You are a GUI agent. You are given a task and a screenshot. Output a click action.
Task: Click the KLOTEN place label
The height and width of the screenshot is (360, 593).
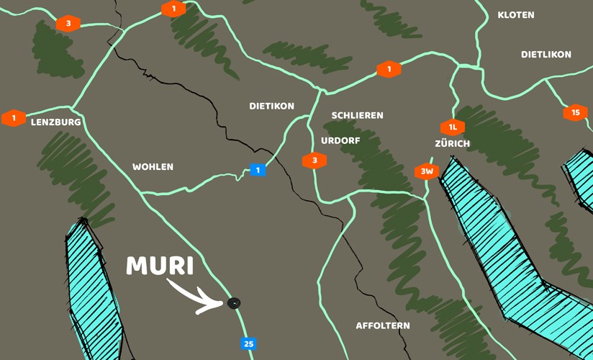[x=516, y=15]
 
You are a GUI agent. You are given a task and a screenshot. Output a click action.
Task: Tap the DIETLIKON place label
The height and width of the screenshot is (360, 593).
[x=546, y=55]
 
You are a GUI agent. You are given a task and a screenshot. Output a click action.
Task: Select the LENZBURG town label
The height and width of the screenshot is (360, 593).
[x=56, y=122]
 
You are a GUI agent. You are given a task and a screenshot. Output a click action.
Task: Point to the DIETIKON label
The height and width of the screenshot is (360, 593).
[x=271, y=106]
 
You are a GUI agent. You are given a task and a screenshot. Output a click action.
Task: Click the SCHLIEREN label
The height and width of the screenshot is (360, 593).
[x=357, y=115]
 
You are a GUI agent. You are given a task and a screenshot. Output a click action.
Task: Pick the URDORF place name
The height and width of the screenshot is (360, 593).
[x=340, y=141]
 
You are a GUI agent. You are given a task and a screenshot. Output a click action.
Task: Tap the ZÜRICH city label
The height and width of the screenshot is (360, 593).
[x=452, y=144]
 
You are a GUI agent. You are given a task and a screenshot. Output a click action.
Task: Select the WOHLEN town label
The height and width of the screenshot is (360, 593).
[x=153, y=167]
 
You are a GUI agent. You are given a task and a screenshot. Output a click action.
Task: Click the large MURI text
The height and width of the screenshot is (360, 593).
[x=160, y=266]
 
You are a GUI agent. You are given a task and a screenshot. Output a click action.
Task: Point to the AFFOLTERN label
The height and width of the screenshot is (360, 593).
[x=383, y=326]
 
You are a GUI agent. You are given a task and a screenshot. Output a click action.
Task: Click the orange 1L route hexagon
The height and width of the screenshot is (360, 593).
[x=453, y=127]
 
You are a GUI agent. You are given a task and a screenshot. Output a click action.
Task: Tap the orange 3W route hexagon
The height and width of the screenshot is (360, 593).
[x=427, y=171]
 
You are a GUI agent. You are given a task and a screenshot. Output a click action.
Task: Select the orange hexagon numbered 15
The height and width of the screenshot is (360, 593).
[x=575, y=112]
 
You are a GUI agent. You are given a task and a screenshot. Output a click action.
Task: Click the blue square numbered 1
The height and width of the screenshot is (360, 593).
[x=258, y=171]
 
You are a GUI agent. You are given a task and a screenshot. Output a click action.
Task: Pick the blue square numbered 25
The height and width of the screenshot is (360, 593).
[x=248, y=344]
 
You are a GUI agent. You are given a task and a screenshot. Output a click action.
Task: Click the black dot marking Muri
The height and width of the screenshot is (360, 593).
[x=233, y=303]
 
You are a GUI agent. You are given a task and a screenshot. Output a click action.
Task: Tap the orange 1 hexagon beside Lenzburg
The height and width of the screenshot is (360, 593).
[x=14, y=118]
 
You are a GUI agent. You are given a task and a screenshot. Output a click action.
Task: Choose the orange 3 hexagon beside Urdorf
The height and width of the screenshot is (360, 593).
[x=314, y=161]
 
